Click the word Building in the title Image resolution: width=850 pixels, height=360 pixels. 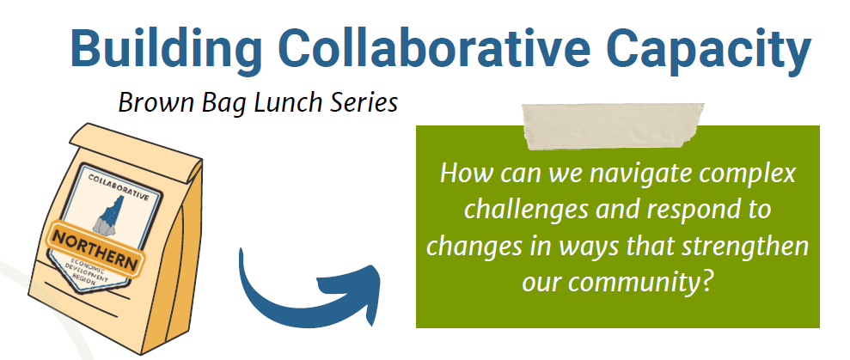coord(166,50)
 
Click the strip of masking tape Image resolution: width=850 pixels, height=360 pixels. coord(613,125)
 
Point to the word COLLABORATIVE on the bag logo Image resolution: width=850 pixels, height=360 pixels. coord(119,187)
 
